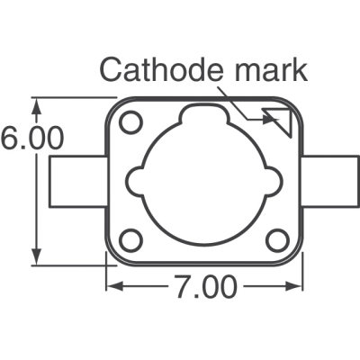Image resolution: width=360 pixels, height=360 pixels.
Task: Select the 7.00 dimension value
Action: click(203, 288)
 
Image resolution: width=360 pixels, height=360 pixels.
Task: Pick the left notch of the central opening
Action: click(135, 180)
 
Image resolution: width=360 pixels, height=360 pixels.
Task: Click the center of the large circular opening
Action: click(203, 184)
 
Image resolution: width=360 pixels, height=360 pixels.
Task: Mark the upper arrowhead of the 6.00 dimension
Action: click(36, 103)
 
